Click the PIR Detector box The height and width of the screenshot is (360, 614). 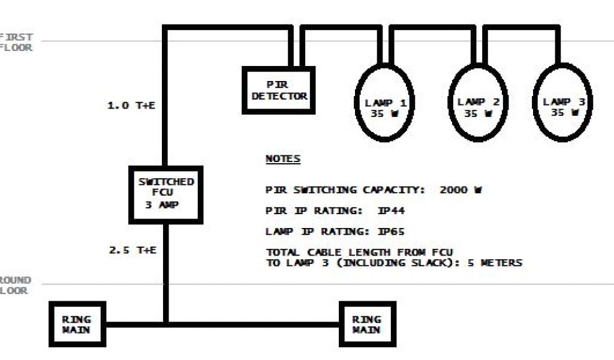click(279, 90)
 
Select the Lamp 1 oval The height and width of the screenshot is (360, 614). click(385, 103)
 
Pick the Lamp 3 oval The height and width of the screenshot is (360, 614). click(563, 103)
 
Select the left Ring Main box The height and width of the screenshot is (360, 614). click(77, 324)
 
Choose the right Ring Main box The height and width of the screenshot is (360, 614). click(367, 324)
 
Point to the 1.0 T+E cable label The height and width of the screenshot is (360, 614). click(131, 106)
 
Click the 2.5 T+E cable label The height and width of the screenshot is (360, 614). click(133, 250)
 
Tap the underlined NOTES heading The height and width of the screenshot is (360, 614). click(283, 160)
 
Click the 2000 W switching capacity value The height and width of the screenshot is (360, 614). click(461, 190)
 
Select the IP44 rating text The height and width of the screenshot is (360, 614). click(380, 211)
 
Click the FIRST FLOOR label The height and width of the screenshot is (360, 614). click(17, 42)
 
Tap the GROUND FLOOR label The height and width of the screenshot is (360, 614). click(16, 286)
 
